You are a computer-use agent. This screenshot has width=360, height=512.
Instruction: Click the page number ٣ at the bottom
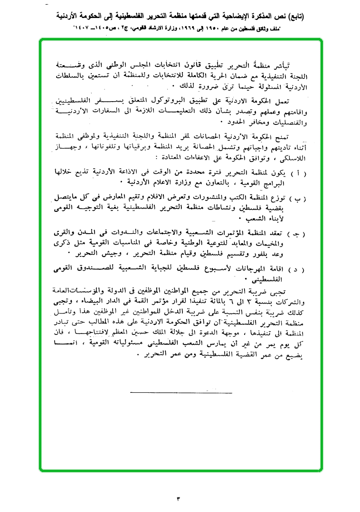[179, 498]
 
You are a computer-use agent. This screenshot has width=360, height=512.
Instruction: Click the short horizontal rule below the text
[180, 393]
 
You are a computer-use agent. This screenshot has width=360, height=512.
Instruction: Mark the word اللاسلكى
[294, 157]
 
